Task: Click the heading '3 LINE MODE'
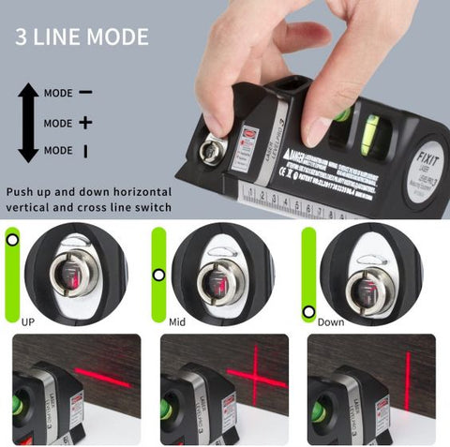pyautogui.click(x=81, y=37)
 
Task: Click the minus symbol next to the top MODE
pyautogui.click(x=85, y=93)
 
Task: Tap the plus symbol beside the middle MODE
pyautogui.click(x=85, y=123)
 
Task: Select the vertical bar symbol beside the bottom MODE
pyautogui.click(x=85, y=150)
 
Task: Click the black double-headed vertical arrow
pyautogui.click(x=28, y=122)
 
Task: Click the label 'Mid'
pyautogui.click(x=177, y=320)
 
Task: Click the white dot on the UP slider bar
pyautogui.click(x=11, y=240)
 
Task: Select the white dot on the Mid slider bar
pyautogui.click(x=158, y=275)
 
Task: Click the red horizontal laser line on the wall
pyautogui.click(x=102, y=377)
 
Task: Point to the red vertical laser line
pyautogui.click(x=408, y=380)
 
